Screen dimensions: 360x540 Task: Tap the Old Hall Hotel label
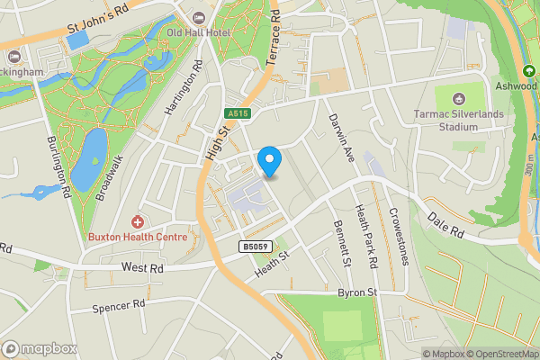(199, 32)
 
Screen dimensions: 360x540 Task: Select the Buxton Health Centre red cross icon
(138, 221)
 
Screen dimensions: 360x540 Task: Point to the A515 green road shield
(237, 112)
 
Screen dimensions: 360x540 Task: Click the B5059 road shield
(254, 245)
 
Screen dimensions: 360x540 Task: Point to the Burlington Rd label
(58, 167)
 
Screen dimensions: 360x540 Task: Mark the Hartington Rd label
(181, 88)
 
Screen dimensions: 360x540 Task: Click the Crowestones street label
(398, 236)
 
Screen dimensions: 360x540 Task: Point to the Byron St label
(356, 292)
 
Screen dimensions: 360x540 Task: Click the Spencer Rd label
(118, 306)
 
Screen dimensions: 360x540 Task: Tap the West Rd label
(142, 267)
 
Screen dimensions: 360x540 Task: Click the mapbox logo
(38, 348)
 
